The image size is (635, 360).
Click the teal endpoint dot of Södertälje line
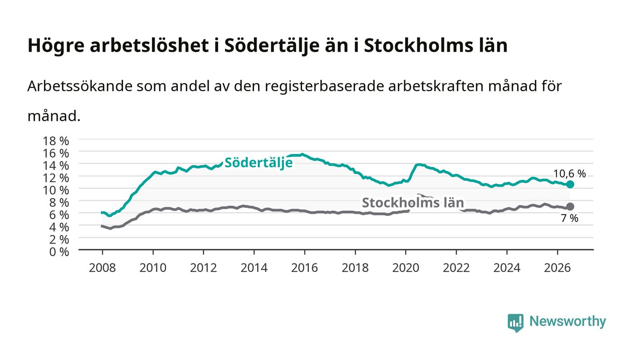[570, 185]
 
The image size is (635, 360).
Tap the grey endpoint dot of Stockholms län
[570, 207]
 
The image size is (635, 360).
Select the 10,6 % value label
[570, 174]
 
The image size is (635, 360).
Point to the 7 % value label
[570, 218]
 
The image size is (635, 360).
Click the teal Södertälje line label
[258, 163]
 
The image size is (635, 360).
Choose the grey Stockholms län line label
[413, 203]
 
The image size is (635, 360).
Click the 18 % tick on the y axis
[55, 141]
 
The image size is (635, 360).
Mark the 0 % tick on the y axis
[59, 252]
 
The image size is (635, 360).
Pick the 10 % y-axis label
[55, 190]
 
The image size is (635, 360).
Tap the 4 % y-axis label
[59, 227]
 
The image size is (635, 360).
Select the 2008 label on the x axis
[103, 268]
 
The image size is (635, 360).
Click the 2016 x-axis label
[304, 268]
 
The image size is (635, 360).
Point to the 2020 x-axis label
[405, 268]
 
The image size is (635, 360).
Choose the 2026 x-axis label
[557, 268]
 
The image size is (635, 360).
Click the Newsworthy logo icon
[515, 323]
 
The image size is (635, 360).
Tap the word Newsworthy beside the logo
[567, 321]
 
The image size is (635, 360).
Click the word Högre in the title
[56, 46]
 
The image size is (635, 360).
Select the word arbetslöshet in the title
[149, 45]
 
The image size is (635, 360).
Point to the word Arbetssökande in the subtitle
[80, 86]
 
